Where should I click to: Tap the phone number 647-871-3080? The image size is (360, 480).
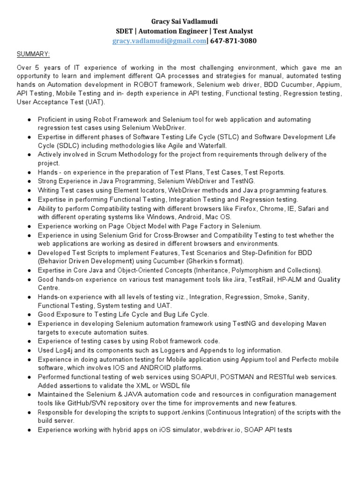point(233,41)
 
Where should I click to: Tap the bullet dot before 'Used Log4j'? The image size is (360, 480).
point(29,350)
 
